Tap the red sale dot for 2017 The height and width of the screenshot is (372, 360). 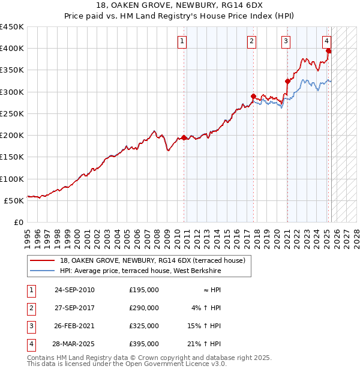pyautogui.click(x=253, y=96)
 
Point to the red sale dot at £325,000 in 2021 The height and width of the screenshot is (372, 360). pyautogui.click(x=287, y=81)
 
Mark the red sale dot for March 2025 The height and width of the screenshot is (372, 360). pyautogui.click(x=328, y=51)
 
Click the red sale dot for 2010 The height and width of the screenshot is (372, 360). pyautogui.click(x=184, y=137)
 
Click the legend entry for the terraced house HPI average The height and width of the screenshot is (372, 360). pyautogui.click(x=140, y=271)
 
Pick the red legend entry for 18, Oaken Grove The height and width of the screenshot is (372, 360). pyautogui.click(x=152, y=261)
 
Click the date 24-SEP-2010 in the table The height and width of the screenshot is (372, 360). pyautogui.click(x=74, y=290)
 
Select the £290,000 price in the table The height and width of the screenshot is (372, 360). pyautogui.click(x=143, y=308)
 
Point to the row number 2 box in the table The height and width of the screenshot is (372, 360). pyautogui.click(x=31, y=308)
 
